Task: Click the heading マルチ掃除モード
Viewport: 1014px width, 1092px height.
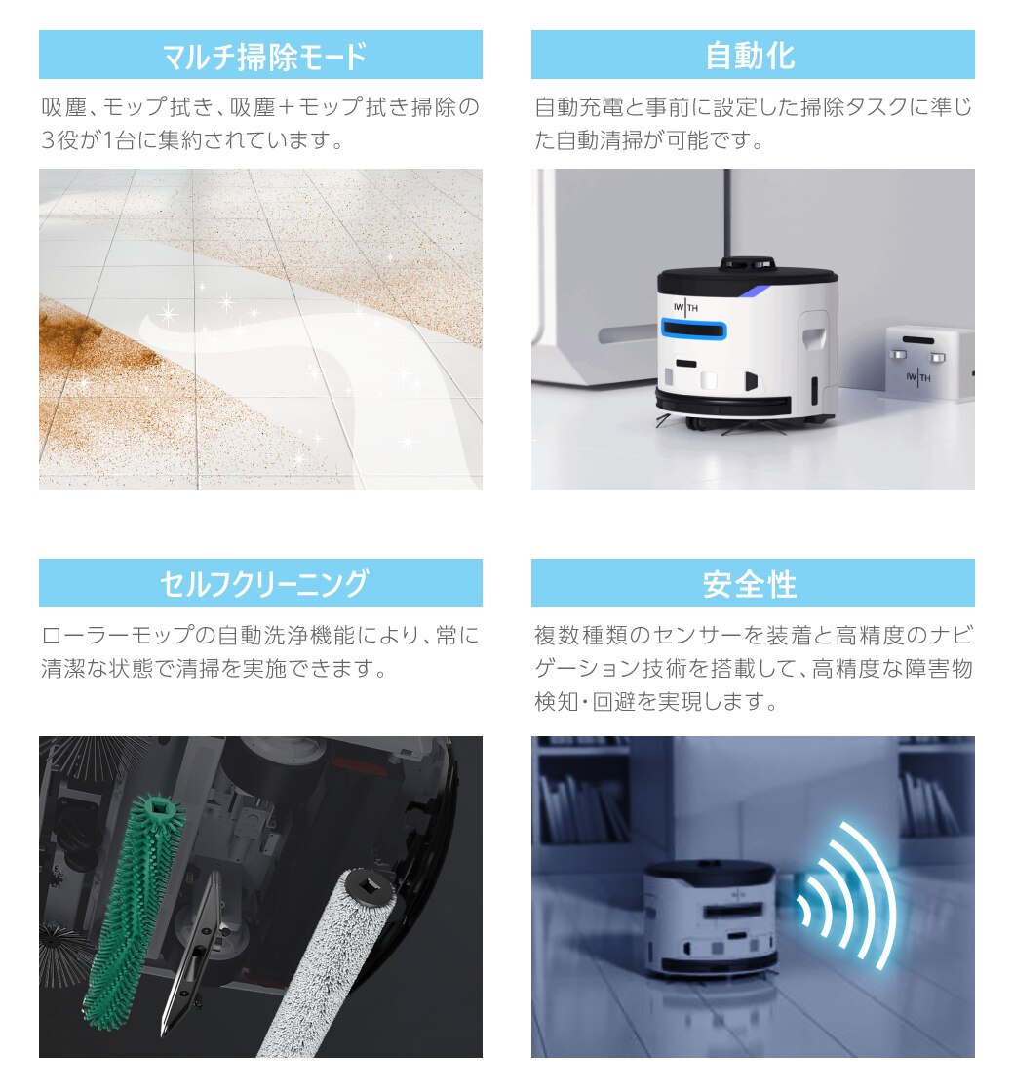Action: pos(263,56)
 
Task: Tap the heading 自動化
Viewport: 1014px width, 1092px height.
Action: pos(750,56)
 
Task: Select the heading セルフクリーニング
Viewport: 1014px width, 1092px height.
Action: pos(263,584)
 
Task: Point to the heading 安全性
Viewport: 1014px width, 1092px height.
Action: pos(750,584)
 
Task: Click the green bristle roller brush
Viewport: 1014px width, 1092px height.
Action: pos(134,913)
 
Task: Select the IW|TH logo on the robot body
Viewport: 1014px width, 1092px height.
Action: pos(686,307)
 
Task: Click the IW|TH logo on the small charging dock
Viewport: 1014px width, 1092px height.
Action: pos(918,378)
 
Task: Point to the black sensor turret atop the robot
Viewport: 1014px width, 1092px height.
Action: pos(747,264)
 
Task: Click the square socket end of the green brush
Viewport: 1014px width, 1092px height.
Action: pos(159,810)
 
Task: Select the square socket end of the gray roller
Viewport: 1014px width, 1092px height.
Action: pos(369,886)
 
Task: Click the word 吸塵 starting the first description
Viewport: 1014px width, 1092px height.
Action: pos(64,107)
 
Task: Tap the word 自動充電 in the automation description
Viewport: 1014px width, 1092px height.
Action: pos(579,107)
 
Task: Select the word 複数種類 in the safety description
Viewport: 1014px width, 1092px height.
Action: pos(579,635)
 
